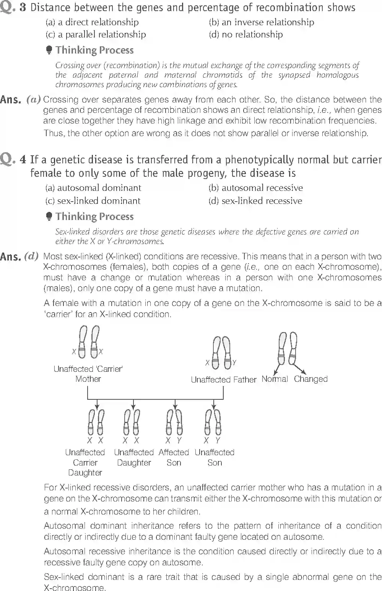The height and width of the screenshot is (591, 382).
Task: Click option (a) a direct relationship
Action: click(92, 22)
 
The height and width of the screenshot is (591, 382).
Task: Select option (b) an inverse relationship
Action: click(261, 22)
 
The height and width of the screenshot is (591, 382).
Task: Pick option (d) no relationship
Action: click(245, 34)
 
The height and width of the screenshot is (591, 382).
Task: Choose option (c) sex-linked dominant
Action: click(93, 201)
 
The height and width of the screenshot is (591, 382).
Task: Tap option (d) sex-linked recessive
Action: click(255, 201)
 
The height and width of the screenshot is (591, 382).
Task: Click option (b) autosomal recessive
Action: click(255, 188)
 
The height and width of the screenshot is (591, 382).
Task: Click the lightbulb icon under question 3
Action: click(49, 50)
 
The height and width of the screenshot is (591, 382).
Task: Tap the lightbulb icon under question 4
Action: click(49, 217)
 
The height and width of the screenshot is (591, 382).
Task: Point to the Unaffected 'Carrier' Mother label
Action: click(88, 374)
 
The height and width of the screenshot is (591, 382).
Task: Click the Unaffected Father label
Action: click(223, 379)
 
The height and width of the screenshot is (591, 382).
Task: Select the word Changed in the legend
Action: click(310, 379)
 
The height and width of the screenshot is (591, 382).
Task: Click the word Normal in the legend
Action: click(275, 379)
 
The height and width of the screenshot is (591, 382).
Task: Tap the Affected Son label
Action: click(174, 457)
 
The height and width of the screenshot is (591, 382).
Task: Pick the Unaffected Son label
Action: click(214, 457)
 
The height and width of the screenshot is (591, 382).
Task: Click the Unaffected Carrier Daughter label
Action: click(85, 462)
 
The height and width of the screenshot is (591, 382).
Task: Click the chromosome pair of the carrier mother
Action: click(88, 342)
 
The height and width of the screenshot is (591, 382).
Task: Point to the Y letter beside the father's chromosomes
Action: click(234, 363)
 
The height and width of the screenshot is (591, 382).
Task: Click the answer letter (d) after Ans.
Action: click(31, 256)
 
